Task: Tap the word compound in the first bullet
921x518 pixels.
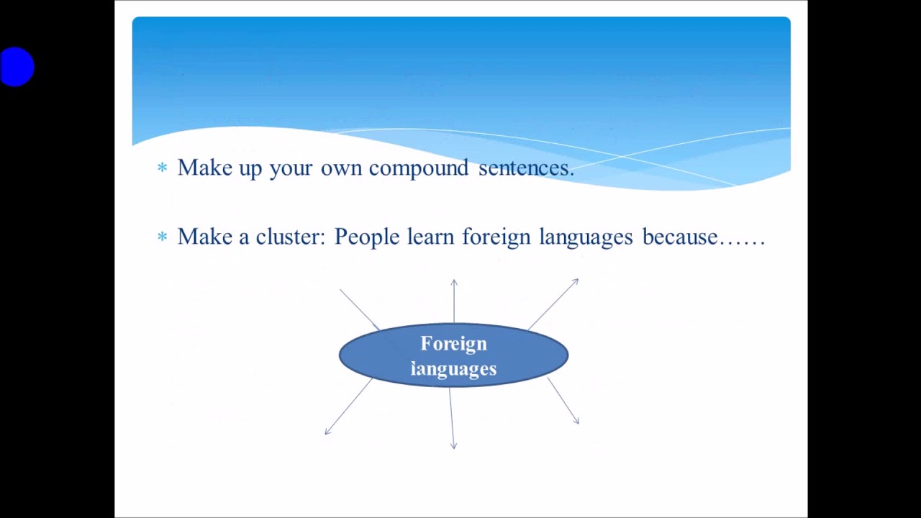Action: click(418, 168)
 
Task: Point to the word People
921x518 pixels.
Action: click(366, 237)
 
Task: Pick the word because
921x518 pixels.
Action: click(680, 237)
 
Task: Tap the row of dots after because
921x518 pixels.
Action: click(743, 242)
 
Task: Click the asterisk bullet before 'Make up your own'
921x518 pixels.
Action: click(162, 168)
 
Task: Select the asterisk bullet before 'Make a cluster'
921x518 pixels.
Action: click(162, 237)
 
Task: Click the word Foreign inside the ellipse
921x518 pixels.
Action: click(453, 344)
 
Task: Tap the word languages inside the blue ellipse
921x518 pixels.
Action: click(453, 369)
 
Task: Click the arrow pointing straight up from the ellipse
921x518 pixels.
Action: click(454, 301)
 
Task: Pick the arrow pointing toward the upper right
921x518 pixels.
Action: click(553, 304)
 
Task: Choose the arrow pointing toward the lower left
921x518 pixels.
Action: click(348, 407)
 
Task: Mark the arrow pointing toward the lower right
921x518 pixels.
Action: click(563, 401)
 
